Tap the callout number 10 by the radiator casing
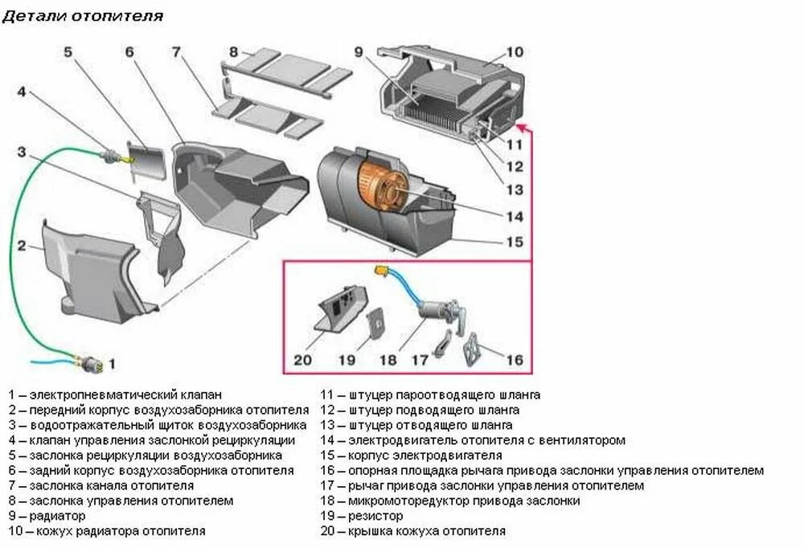tap(515, 52)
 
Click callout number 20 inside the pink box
tap(302, 359)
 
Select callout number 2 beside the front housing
tap(23, 245)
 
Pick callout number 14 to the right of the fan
tap(515, 216)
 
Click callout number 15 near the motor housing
tap(515, 241)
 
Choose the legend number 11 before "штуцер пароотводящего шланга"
tap(327, 395)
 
